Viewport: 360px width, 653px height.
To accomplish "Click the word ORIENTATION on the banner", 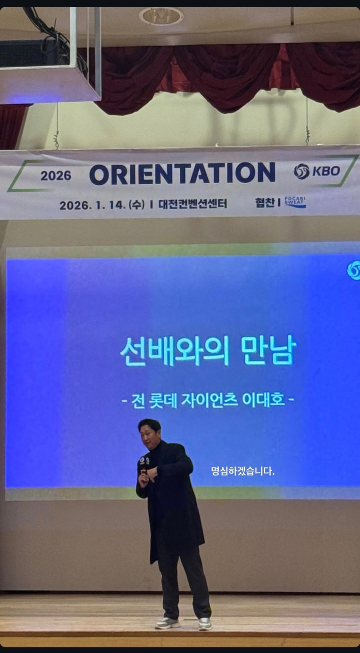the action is click(x=182, y=174).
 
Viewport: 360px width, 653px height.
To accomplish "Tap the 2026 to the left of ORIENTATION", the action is click(x=56, y=175).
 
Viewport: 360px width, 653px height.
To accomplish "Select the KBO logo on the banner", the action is click(x=316, y=171).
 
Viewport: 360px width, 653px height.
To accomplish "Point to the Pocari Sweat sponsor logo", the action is click(x=295, y=202).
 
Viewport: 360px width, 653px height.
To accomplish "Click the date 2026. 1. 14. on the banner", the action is click(x=92, y=205).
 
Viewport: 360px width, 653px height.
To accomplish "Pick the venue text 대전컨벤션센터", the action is click(x=192, y=204).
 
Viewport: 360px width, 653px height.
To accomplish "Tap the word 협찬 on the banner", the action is click(x=265, y=203).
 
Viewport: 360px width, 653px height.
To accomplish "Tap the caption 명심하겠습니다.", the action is click(x=243, y=471).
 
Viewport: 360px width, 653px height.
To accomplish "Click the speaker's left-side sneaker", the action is click(x=168, y=623).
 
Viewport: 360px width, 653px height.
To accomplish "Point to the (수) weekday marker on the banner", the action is click(x=138, y=205).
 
